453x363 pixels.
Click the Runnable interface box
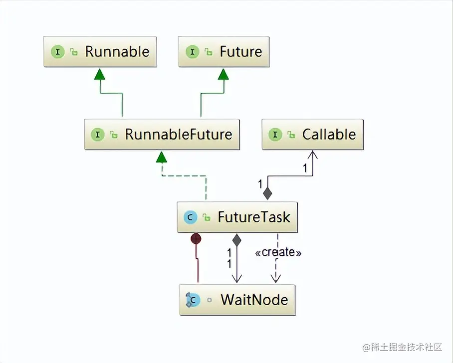tap(100, 51)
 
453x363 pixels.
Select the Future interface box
tap(224, 51)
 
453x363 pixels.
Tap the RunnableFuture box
tap(162, 134)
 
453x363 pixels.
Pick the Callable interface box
tap(312, 134)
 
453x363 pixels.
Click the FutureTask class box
tap(237, 217)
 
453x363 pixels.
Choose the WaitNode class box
tap(237, 300)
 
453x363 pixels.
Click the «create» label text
tap(278, 252)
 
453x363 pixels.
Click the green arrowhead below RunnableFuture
tap(161, 157)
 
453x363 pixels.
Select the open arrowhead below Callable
tap(312, 155)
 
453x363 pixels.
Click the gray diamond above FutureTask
tap(268, 193)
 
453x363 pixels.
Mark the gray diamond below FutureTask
tap(237, 240)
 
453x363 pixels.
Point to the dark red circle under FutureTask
tap(196, 239)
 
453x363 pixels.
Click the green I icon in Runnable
tap(58, 51)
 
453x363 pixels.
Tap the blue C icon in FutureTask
tap(190, 217)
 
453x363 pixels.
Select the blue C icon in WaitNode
tap(192, 300)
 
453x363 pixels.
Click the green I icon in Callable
tap(275, 134)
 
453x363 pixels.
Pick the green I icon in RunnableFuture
tap(98, 134)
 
